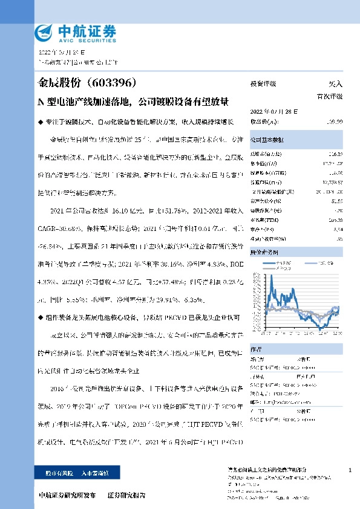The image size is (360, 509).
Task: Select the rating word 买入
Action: point(335,84)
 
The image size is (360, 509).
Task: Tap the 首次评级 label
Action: point(330,96)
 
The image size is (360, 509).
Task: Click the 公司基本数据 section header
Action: point(267,139)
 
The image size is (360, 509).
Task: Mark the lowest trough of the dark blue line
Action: point(319,328)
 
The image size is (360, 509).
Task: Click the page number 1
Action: point(350,470)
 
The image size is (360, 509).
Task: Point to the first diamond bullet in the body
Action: point(40,122)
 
